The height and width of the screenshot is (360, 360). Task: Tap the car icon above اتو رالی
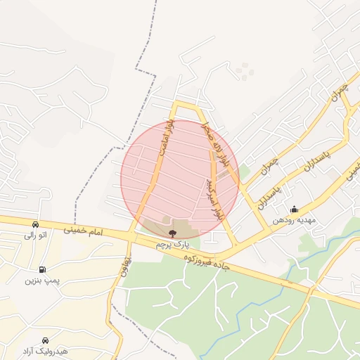click(35, 224)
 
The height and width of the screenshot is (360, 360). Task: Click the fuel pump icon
click(43, 269)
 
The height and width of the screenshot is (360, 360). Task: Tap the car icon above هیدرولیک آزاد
click(46, 340)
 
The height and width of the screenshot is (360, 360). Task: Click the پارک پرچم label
click(172, 244)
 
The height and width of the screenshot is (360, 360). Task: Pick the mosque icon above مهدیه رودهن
click(294, 209)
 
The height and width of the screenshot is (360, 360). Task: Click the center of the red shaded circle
click(179, 179)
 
